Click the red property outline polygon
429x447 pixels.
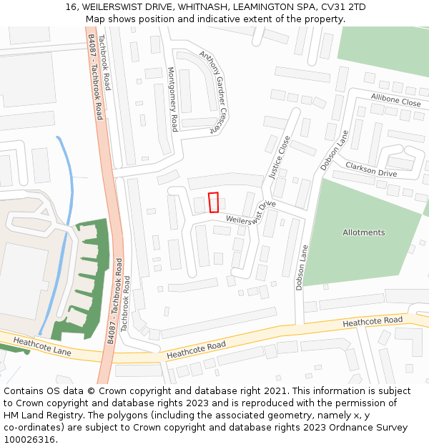point(213,202)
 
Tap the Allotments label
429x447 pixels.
point(363,232)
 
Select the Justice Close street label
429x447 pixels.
point(280,157)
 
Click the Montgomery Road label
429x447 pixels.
point(172,99)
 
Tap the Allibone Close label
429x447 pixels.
point(395,100)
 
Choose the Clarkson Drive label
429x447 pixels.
point(370,170)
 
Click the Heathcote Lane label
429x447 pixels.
point(42,347)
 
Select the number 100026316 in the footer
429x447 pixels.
point(30,439)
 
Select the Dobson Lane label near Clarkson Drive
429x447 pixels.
point(334,149)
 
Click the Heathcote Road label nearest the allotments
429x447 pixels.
point(372,323)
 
